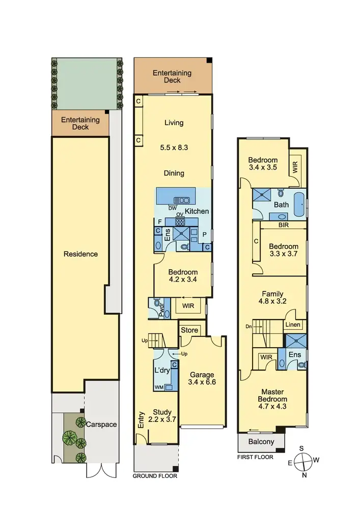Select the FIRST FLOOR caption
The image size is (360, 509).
(x=256, y=457)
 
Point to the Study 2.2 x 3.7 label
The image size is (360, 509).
(x=162, y=416)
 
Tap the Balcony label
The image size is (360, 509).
(x=261, y=442)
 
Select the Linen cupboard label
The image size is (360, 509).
(x=293, y=324)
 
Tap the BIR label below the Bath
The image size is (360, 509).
(x=284, y=224)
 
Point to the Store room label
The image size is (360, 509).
(x=189, y=330)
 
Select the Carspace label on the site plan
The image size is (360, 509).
(x=101, y=423)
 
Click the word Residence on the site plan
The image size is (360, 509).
(x=80, y=253)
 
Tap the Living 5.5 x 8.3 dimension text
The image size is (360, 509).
(x=174, y=148)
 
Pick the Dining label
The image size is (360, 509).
(x=174, y=173)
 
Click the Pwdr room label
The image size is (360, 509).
(x=161, y=312)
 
